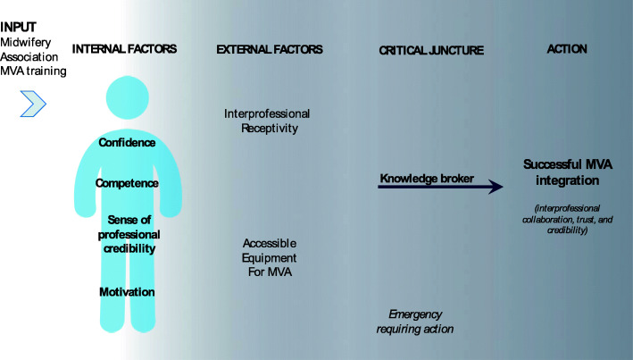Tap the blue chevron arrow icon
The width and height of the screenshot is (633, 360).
click(32, 104)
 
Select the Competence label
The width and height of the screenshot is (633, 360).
click(129, 183)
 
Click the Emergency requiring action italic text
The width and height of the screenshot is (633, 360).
click(421, 322)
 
